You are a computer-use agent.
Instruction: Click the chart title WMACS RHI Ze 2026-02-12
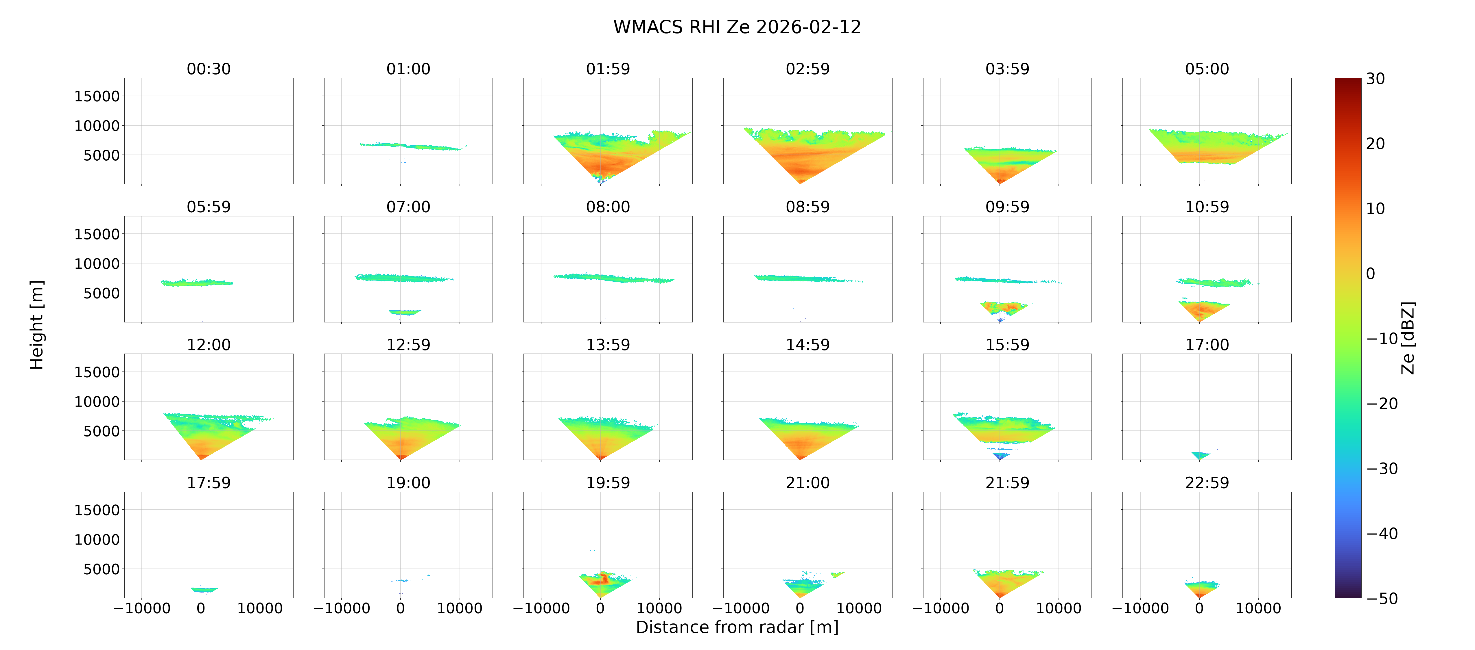point(737,27)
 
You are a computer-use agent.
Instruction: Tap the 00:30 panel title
point(209,69)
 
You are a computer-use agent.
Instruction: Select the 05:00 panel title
point(1207,69)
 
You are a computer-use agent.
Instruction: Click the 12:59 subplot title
point(408,344)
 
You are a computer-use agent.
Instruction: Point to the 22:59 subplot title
point(1207,482)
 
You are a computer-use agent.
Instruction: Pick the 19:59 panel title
point(608,482)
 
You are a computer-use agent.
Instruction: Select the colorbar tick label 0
point(1370,274)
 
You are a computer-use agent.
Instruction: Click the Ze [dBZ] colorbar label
point(1408,338)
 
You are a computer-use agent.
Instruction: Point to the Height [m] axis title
point(37,325)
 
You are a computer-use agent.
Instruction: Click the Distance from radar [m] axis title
point(737,627)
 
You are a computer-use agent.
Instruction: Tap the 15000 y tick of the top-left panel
point(97,96)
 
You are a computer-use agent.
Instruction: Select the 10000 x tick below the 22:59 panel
point(1258,608)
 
